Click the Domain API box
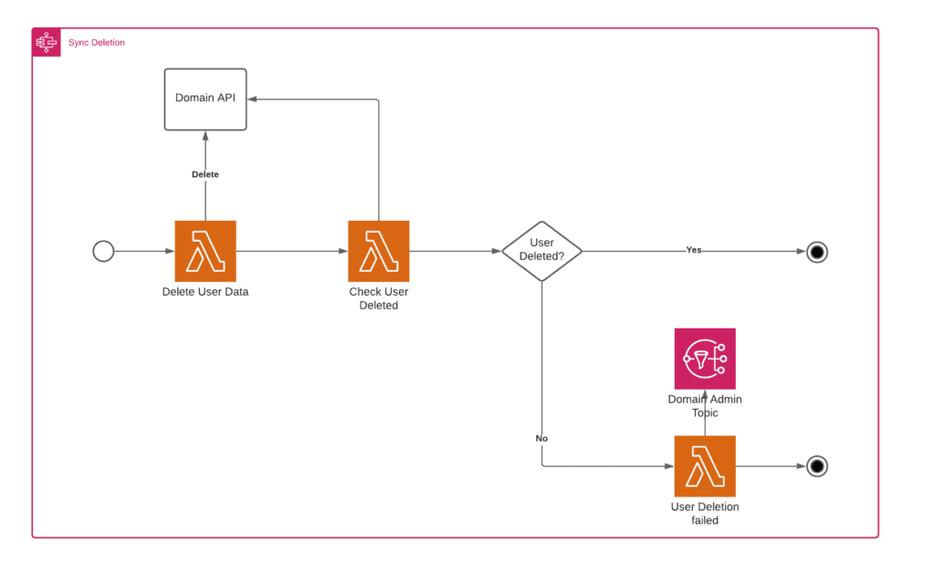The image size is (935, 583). [205, 99]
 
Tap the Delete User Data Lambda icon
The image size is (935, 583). [205, 251]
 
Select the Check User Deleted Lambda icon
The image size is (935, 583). [379, 251]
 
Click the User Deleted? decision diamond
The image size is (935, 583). [541, 251]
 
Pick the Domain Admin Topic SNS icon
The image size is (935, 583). [704, 359]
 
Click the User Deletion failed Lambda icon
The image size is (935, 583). [704, 466]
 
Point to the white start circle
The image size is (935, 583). [104, 251]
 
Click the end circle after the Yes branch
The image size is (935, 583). [816, 252]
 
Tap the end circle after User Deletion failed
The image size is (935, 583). [816, 466]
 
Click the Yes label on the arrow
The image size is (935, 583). [694, 250]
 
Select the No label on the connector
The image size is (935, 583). [541, 439]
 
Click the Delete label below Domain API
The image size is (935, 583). [205, 174]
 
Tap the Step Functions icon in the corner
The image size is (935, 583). [47, 43]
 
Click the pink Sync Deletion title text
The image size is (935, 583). [98, 43]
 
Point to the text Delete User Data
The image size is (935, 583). [205, 292]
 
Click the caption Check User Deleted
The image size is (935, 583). [379, 298]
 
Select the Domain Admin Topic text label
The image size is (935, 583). [704, 406]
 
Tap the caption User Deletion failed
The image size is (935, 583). [704, 513]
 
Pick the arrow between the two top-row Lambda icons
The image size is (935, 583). [292, 251]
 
